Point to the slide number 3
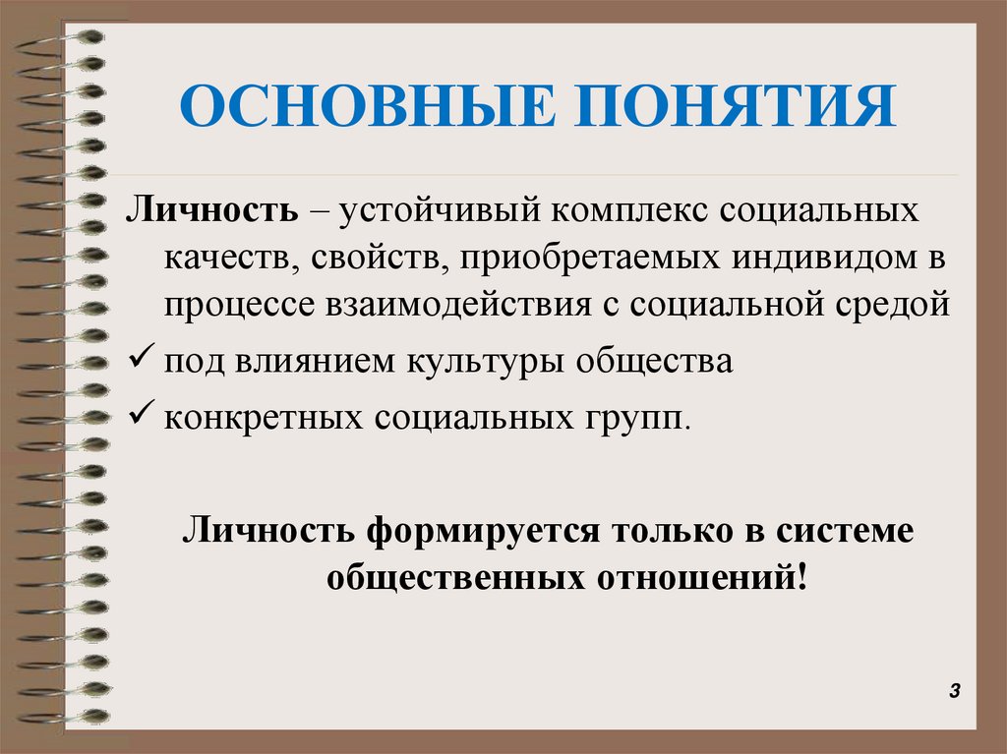[953, 692]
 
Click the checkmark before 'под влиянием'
[139, 359]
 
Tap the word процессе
[234, 305]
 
